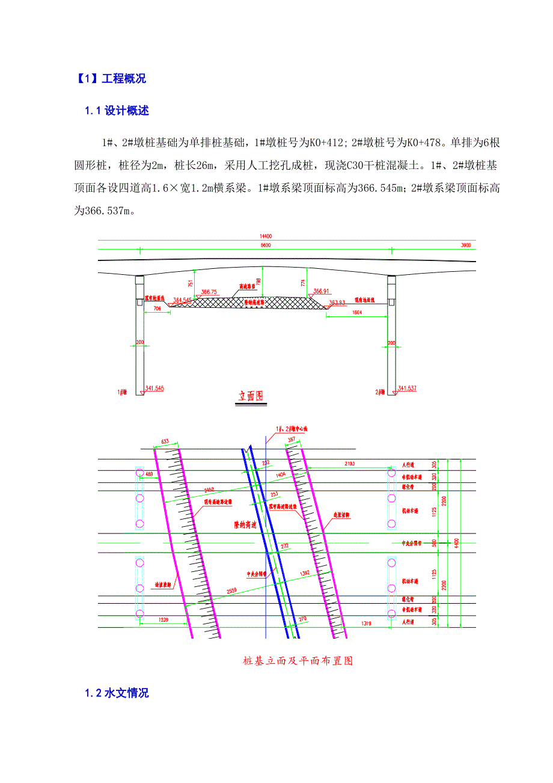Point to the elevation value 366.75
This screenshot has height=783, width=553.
tap(209, 292)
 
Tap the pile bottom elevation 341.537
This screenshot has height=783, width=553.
tap(406, 388)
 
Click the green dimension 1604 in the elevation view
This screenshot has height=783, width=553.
tap(357, 313)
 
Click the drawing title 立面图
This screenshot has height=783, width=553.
tap(251, 396)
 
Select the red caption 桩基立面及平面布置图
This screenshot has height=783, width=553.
tap(297, 661)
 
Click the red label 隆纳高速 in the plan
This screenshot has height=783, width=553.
tap(245, 525)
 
